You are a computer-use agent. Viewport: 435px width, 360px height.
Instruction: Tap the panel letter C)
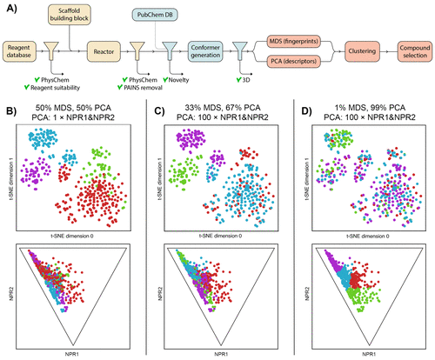(x=152, y=107)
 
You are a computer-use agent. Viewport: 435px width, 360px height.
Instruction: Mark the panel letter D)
(x=297, y=107)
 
